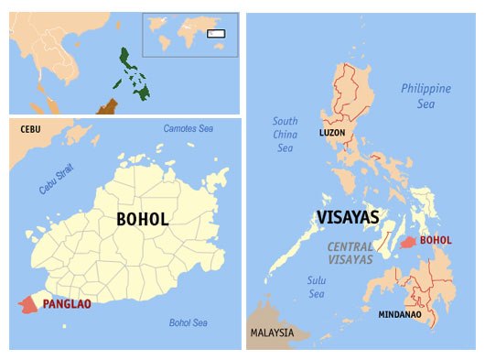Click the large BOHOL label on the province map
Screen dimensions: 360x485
[x=142, y=220]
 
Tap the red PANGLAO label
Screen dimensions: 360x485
[x=67, y=303]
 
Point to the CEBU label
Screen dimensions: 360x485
[x=31, y=129]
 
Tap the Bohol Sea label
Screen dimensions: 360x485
[x=188, y=322]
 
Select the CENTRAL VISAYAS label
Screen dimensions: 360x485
[x=351, y=253]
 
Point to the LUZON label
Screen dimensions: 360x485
[x=333, y=133]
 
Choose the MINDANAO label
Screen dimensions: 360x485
[x=400, y=314]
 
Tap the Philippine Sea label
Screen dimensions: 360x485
[x=426, y=95]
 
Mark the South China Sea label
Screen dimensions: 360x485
[x=286, y=135]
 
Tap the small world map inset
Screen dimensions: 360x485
[x=189, y=35]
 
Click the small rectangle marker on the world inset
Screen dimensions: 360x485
[x=216, y=34]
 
